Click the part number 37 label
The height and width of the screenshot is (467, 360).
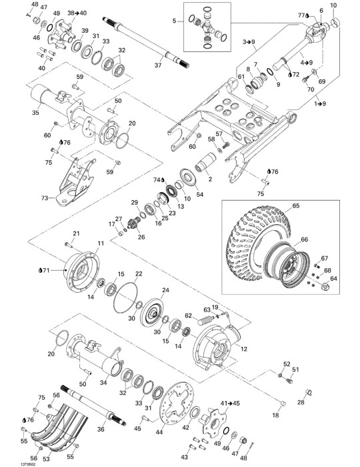158,65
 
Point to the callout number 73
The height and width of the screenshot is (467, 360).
45,197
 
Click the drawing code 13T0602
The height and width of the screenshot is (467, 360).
28,464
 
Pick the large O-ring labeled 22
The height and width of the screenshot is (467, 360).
125,298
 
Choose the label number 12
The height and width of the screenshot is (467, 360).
244,349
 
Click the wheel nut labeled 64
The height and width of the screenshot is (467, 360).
326,287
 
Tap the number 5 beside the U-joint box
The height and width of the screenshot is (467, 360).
175,21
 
